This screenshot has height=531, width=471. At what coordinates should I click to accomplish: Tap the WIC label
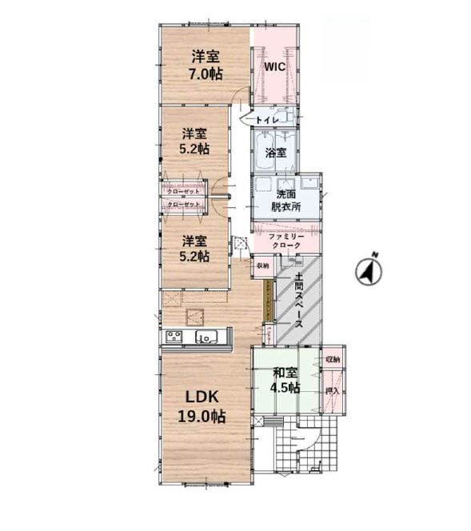(x=275, y=68)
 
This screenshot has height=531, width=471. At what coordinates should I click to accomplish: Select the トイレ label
(x=267, y=119)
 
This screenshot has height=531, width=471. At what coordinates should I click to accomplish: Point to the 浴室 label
(x=276, y=152)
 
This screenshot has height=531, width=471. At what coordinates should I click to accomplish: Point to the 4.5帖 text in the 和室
(x=285, y=388)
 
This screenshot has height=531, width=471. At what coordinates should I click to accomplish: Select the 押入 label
(x=333, y=392)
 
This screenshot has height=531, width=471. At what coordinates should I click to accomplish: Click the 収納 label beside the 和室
(x=333, y=360)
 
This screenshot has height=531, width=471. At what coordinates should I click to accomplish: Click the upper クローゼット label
(x=183, y=192)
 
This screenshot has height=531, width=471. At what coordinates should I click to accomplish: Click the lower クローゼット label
(x=183, y=205)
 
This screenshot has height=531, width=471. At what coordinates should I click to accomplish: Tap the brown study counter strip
(x=268, y=302)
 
